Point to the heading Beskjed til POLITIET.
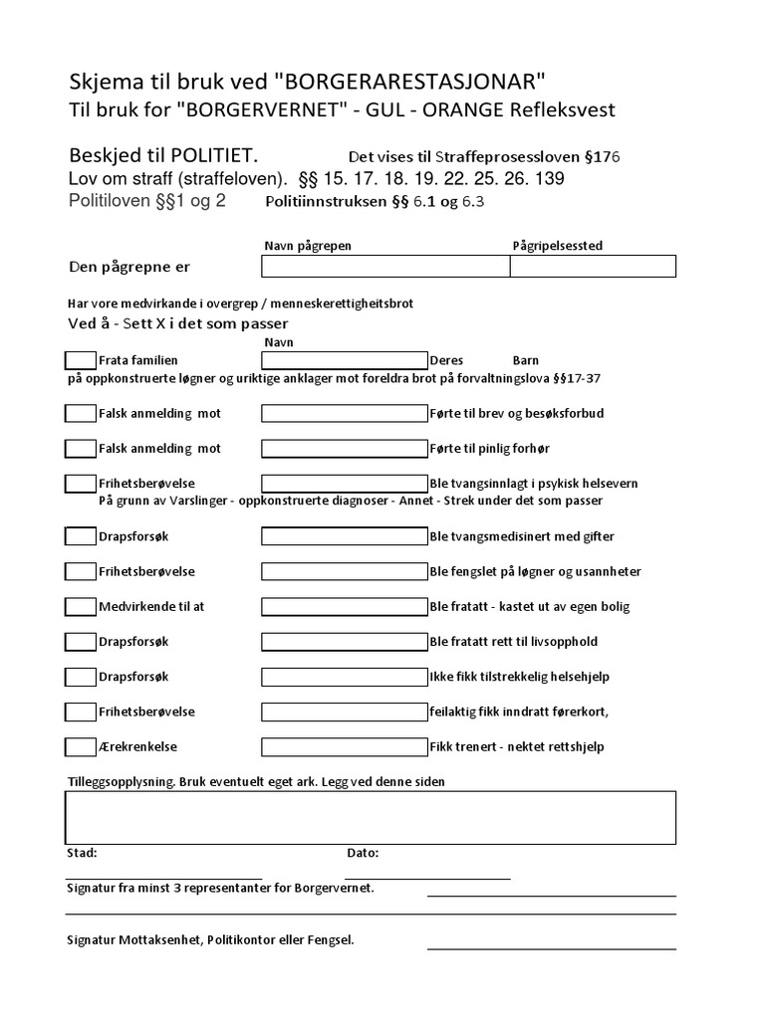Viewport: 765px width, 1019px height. click(163, 156)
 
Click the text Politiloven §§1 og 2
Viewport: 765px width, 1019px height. click(146, 201)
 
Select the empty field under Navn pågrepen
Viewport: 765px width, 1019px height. click(385, 266)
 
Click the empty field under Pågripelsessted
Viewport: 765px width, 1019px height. click(593, 266)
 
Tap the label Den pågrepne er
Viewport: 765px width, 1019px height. click(128, 267)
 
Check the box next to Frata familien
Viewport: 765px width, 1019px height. click(81, 360)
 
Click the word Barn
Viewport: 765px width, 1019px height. click(525, 360)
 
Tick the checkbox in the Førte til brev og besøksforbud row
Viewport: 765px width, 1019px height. click(81, 413)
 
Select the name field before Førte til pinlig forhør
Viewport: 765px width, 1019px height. click(344, 448)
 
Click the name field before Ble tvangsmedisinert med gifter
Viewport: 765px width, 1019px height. click(344, 536)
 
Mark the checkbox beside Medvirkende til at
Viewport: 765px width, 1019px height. click(81, 606)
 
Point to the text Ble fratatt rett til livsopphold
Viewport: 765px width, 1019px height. click(513, 642)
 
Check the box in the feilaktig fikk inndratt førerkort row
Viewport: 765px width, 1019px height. click(81, 712)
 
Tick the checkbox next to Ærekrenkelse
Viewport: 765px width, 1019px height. click(81, 746)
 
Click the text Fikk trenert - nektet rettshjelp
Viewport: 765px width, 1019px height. click(516, 746)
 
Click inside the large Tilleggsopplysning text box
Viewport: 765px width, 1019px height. click(371, 817)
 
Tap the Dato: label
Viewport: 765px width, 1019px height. click(363, 853)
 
